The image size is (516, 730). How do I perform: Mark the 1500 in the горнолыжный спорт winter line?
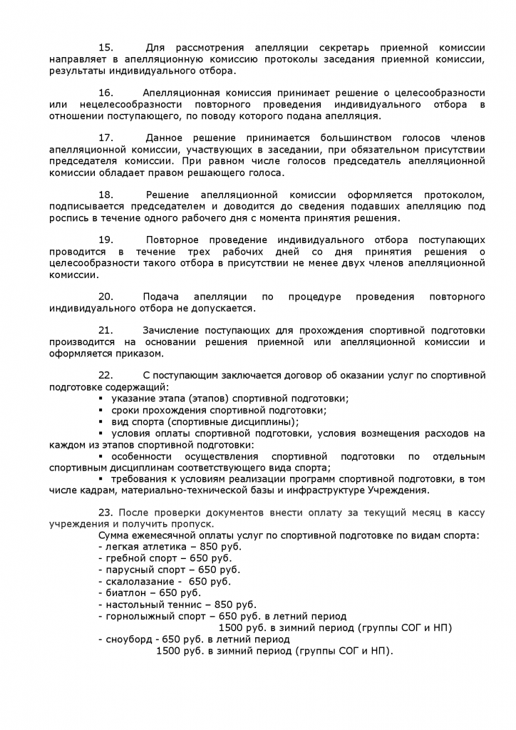point(231,627)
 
